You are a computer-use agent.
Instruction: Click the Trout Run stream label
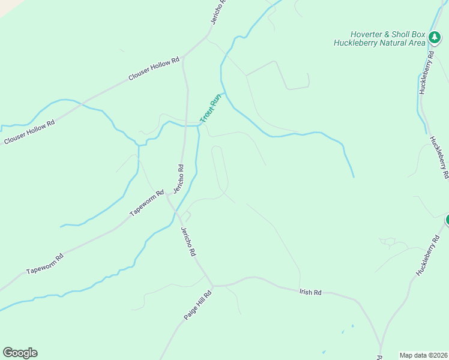[211, 108]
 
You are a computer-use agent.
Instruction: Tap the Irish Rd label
[310, 292]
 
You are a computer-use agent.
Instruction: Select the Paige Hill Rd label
[199, 305]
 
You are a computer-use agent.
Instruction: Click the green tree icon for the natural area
[435, 38]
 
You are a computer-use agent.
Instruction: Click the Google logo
[20, 353]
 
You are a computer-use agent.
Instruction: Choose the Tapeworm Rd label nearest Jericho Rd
[147, 203]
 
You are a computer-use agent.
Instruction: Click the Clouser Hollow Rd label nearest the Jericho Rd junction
[154, 70]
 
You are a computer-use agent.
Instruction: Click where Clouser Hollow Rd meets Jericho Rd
[183, 58]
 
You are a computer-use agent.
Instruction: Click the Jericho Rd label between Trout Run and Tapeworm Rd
[178, 178]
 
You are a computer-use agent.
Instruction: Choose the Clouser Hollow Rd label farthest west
[29, 131]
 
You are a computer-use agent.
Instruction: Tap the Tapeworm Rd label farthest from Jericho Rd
[45, 264]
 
